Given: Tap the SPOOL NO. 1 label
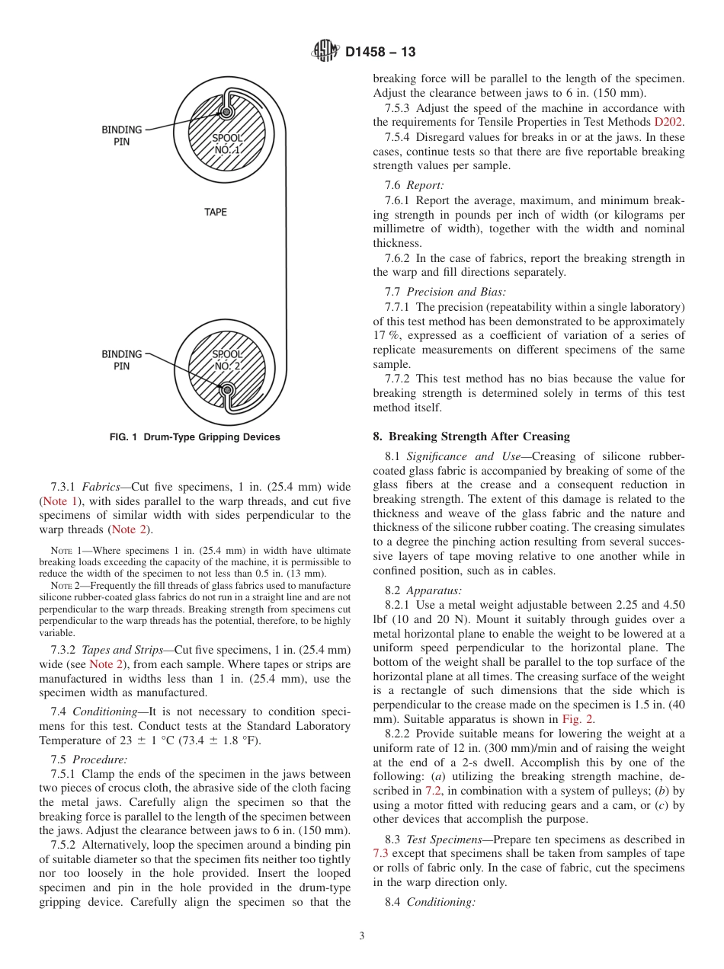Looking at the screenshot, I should pos(227,144).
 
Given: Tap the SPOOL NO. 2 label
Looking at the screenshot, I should pos(226,360).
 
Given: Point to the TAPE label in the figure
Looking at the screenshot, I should pos(216,212).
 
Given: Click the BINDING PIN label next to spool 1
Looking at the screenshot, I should pos(122,136).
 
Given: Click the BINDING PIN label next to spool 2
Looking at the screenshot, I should pos(122,360).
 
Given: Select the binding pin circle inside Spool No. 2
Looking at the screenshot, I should pos(226,390).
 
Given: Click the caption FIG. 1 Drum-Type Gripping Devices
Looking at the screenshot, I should pos(195,437).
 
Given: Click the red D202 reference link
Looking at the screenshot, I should pos(669,122).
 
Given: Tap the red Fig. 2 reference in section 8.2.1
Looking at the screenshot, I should pos(577,718).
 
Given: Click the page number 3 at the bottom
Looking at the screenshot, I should pos(362,936).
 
